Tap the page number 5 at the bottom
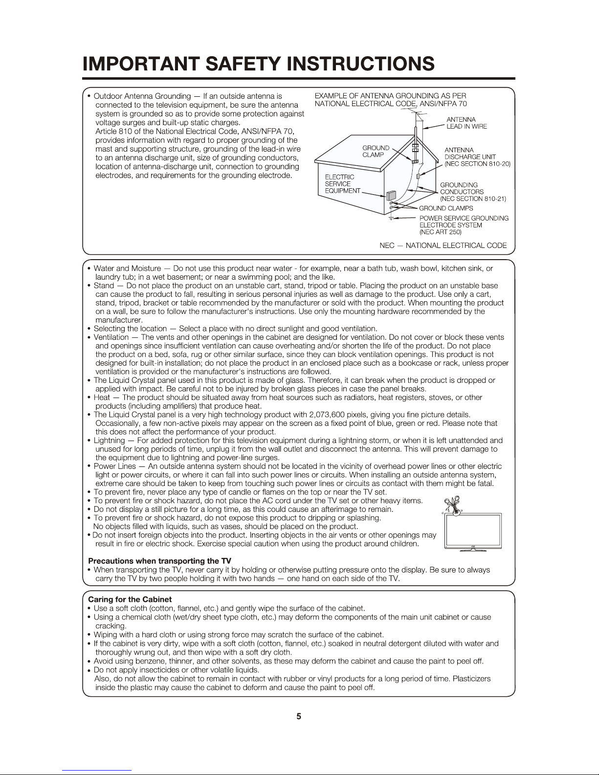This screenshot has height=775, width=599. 299,717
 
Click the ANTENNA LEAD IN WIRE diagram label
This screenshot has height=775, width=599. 466,123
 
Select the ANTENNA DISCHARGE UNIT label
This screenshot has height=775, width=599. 477,157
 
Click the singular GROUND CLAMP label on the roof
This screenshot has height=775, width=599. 376,151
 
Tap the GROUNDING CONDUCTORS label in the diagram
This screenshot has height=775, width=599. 472,192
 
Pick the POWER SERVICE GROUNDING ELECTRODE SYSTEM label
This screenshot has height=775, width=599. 464,225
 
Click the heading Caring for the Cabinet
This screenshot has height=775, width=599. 130,599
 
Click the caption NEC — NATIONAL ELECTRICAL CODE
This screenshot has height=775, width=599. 443,245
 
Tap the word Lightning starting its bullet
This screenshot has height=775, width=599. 109,441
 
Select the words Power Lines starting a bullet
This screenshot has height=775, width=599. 114,466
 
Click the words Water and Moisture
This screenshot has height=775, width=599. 127,268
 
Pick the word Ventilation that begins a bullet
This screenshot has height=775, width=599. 111,337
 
